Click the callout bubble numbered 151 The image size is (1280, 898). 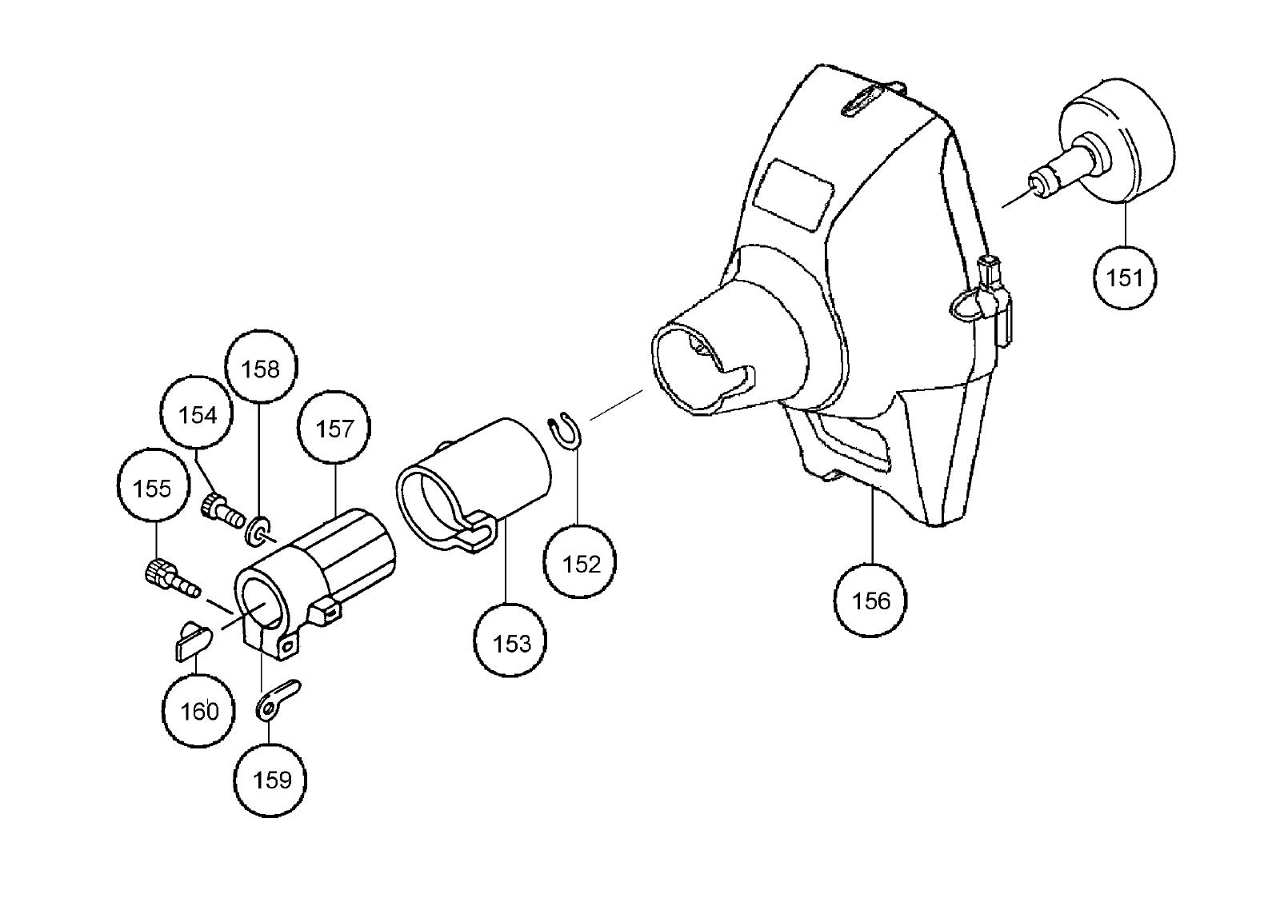click(1125, 277)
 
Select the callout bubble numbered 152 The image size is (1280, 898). click(581, 564)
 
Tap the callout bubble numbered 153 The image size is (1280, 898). click(511, 642)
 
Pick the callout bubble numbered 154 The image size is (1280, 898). click(198, 415)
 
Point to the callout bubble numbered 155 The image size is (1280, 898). click(152, 488)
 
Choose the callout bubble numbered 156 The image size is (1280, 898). click(870, 601)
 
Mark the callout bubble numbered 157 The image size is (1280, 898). click(334, 429)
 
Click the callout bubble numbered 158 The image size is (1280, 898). click(261, 369)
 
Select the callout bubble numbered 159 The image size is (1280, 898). click(271, 780)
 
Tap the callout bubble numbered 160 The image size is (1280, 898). click(199, 711)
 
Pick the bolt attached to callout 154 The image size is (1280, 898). click(223, 509)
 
